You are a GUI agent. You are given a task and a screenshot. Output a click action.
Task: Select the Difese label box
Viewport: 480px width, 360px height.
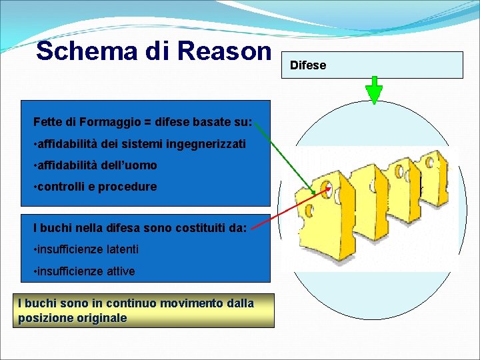375,65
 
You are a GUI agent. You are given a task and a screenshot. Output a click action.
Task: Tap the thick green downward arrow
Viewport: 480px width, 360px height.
375,91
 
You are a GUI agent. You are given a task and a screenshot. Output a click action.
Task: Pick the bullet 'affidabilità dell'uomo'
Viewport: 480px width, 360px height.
95,165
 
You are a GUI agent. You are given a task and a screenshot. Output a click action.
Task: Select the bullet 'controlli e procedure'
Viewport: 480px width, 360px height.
95,187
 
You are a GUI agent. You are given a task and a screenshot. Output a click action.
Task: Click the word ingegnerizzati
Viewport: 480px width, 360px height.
208,144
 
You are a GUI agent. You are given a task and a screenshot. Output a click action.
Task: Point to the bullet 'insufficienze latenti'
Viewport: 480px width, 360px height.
86,249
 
